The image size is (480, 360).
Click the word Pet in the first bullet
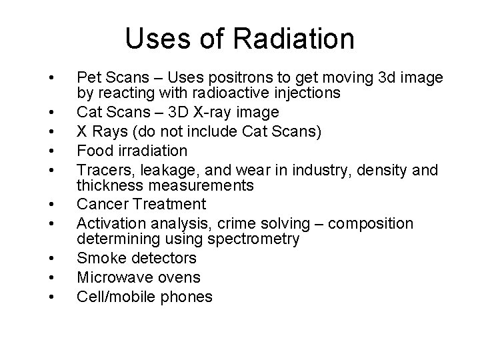coord(89,79)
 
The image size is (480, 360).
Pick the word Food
coord(93,151)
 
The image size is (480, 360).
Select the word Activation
coord(109,223)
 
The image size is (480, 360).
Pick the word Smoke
coord(97,259)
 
